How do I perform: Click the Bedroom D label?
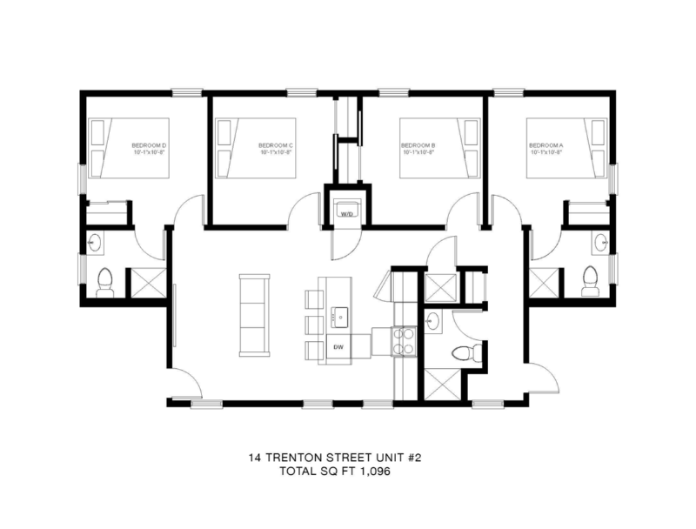[150, 145]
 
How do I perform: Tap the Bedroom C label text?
[276, 145]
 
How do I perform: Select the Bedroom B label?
[418, 145]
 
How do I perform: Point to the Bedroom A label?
[545, 145]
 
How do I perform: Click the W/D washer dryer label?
[345, 212]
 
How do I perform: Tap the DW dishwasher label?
[339, 346]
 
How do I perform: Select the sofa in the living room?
[255, 314]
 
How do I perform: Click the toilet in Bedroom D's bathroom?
[105, 280]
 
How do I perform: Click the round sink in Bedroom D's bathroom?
[96, 242]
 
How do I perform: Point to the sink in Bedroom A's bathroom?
[599, 242]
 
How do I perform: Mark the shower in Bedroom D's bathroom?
[145, 283]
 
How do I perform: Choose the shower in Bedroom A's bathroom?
[545, 283]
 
